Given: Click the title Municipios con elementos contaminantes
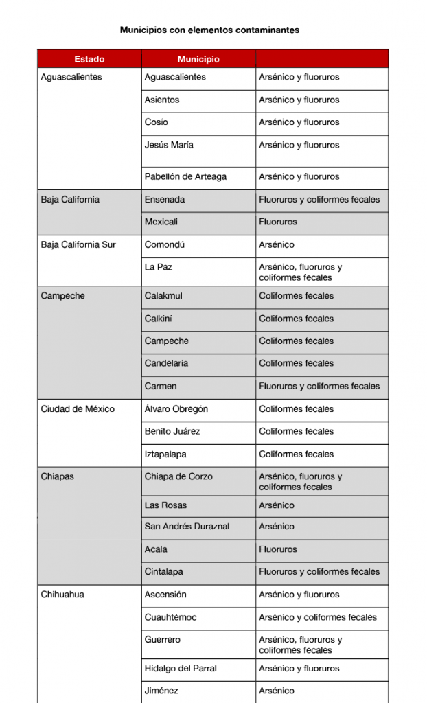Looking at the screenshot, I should click(209, 30).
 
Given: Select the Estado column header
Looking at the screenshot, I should click(89, 59).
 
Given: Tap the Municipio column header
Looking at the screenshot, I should click(198, 59).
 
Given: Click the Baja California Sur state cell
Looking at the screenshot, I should click(78, 245).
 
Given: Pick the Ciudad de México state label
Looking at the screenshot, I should click(78, 409).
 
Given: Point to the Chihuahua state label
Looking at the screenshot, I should click(62, 595).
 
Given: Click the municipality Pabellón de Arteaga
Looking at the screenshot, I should click(185, 176).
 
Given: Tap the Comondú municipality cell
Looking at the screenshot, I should click(165, 245).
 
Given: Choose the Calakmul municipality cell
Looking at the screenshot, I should click(163, 296).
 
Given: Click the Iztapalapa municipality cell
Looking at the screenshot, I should click(165, 454).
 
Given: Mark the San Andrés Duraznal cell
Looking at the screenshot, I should click(187, 527).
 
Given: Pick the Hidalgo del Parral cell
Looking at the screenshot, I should click(184, 669).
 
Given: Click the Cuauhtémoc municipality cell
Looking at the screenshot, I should click(170, 617).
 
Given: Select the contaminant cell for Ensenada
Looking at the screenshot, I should click(319, 200).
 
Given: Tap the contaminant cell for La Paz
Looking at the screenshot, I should click(300, 272).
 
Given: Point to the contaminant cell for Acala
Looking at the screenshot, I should click(278, 549).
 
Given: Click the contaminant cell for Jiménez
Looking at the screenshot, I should click(277, 691).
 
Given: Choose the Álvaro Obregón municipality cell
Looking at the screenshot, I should click(176, 409).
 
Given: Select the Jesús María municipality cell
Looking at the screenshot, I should click(169, 145).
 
